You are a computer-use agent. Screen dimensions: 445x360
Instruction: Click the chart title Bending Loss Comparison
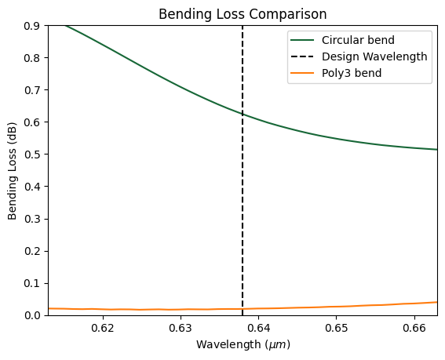[x=243, y=14]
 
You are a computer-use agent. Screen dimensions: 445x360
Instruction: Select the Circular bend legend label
[x=358, y=40]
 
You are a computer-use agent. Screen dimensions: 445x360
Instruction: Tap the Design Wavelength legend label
[x=374, y=56]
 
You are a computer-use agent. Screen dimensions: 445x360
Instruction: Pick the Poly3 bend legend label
[x=352, y=73]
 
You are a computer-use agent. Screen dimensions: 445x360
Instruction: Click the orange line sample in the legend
[x=302, y=73]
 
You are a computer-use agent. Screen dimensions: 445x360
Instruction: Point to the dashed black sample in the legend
[x=302, y=56]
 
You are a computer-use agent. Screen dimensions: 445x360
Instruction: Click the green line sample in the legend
[x=302, y=40]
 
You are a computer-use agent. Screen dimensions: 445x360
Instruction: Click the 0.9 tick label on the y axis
[x=32, y=26]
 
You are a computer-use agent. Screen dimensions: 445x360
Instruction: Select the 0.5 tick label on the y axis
[x=32, y=155]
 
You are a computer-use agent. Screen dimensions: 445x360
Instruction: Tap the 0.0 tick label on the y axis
[x=32, y=315]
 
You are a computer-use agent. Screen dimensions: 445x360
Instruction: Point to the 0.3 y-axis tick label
[x=32, y=219]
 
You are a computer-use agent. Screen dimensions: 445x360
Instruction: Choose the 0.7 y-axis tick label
[x=32, y=90]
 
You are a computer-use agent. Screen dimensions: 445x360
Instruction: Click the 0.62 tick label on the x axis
[x=103, y=328]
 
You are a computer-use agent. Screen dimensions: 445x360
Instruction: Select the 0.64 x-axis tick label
[x=258, y=328]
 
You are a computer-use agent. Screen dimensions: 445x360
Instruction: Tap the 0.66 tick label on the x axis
[x=414, y=328]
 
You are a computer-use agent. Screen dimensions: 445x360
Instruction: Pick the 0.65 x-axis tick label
[x=337, y=328]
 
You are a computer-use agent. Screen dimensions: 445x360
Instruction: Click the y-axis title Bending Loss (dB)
[x=12, y=171]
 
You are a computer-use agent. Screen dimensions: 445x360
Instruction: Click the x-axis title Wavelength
[x=228, y=344]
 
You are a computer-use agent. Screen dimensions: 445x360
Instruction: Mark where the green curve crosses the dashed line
[x=243, y=115]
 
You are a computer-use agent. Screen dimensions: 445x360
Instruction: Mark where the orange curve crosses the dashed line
[x=243, y=309]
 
